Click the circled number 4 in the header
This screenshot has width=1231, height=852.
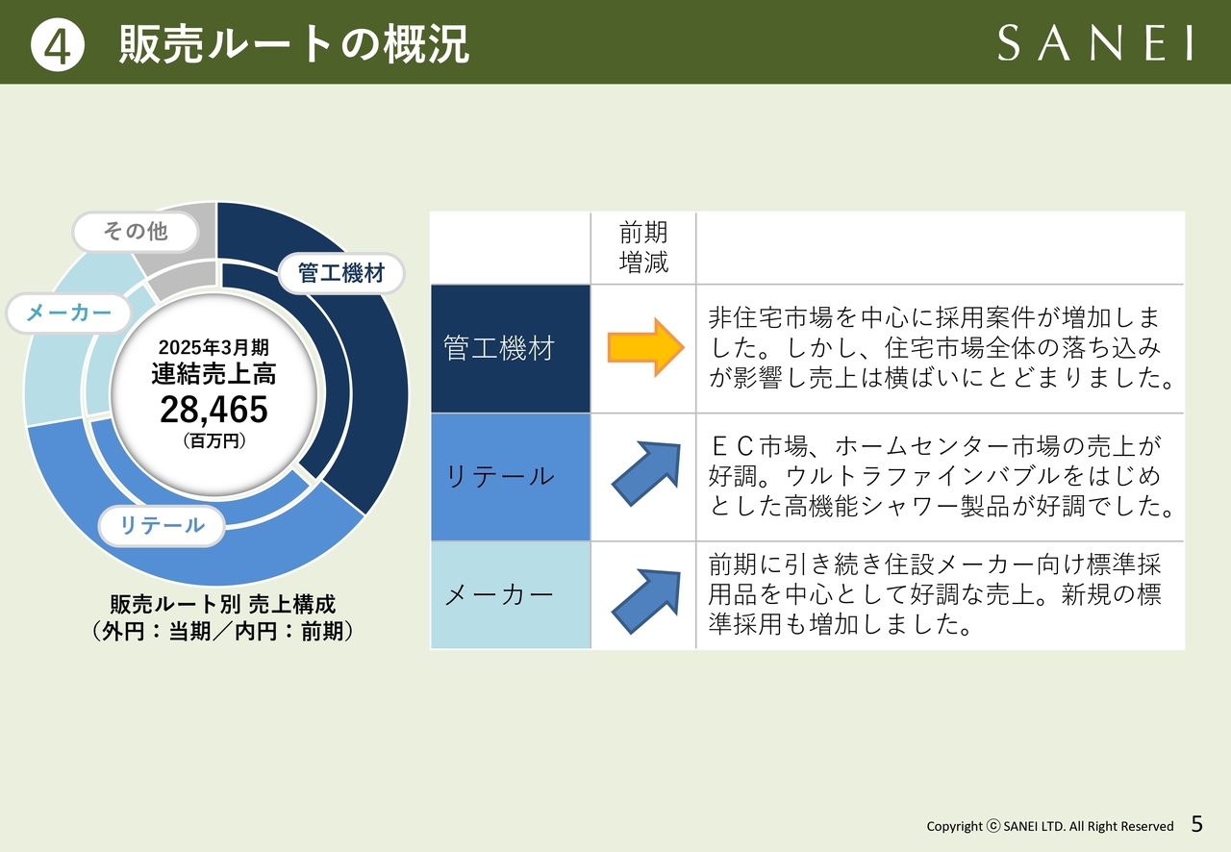pyautogui.click(x=57, y=45)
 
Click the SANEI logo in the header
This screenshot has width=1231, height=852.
pyautogui.click(x=1094, y=43)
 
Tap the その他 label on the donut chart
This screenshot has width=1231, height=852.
pyautogui.click(x=136, y=232)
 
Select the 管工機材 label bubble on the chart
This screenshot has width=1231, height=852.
pyautogui.click(x=341, y=273)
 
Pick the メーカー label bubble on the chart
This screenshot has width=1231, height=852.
pyautogui.click(x=68, y=313)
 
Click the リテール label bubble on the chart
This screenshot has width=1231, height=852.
pyautogui.click(x=162, y=525)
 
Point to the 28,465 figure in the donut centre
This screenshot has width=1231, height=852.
pyautogui.click(x=214, y=410)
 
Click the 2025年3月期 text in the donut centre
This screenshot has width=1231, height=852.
pyautogui.click(x=214, y=347)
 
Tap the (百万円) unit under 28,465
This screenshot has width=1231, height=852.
pyautogui.click(x=214, y=440)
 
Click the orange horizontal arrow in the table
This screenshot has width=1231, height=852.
pyautogui.click(x=645, y=348)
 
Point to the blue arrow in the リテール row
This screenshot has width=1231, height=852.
pyautogui.click(x=646, y=474)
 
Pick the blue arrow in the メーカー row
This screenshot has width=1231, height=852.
pyautogui.click(x=646, y=601)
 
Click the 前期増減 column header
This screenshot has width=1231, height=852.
pyautogui.click(x=643, y=247)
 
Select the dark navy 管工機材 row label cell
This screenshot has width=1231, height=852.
pyautogui.click(x=511, y=348)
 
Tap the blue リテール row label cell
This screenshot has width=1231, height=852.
pyautogui.click(x=511, y=477)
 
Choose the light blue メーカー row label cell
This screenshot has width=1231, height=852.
pyautogui.click(x=511, y=595)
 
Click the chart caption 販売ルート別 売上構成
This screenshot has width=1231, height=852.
pyautogui.click(x=222, y=605)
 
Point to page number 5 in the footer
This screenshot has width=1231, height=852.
pyautogui.click(x=1197, y=824)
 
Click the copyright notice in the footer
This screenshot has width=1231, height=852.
pyautogui.click(x=1049, y=826)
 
